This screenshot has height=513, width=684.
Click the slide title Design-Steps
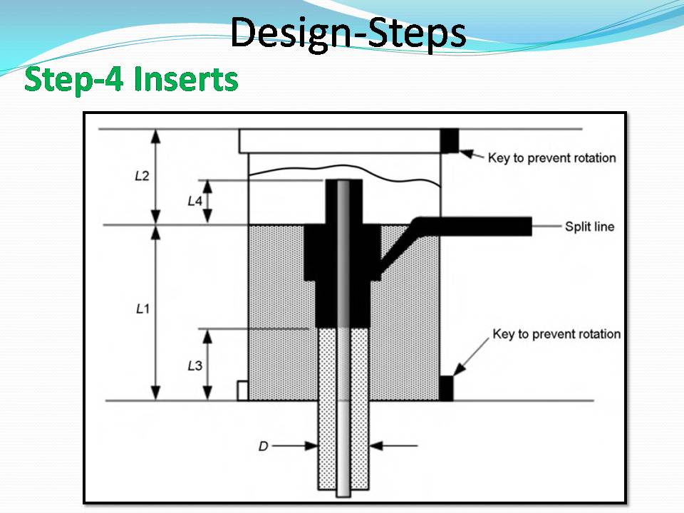pos(348,33)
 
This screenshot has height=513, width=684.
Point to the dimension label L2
pos(142,176)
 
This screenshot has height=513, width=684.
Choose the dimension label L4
pos(195,201)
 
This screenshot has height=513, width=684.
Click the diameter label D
pos(264,446)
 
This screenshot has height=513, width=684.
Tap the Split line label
pos(589,227)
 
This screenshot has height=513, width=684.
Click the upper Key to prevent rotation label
pos(551,157)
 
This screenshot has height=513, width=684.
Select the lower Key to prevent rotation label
pos(556,334)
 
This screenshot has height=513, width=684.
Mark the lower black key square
pos(446,388)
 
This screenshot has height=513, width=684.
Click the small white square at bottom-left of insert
pos(242,390)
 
